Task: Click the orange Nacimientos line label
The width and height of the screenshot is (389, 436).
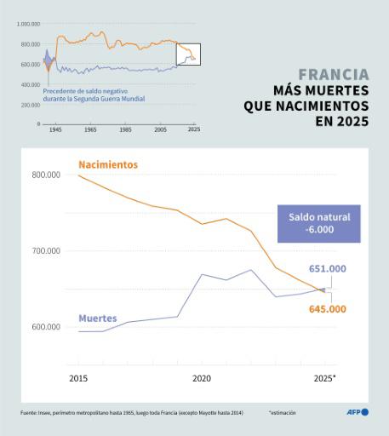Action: pos(107,163)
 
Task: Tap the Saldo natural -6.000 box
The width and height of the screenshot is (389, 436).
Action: pos(319,223)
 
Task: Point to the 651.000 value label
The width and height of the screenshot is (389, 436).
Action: pos(327,269)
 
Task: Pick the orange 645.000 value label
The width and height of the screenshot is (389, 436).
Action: pos(327,309)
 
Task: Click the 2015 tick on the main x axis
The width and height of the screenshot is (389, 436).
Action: pos(77,377)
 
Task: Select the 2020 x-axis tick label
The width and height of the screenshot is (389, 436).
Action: pos(202,377)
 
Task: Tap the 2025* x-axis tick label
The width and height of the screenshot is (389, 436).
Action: pos(324,377)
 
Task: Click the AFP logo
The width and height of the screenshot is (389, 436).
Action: pos(358,412)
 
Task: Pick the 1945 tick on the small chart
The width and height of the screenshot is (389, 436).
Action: pos(55,130)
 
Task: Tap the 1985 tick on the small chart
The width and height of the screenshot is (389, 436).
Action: pos(125,130)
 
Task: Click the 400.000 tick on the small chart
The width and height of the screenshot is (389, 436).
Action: pos(30,85)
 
